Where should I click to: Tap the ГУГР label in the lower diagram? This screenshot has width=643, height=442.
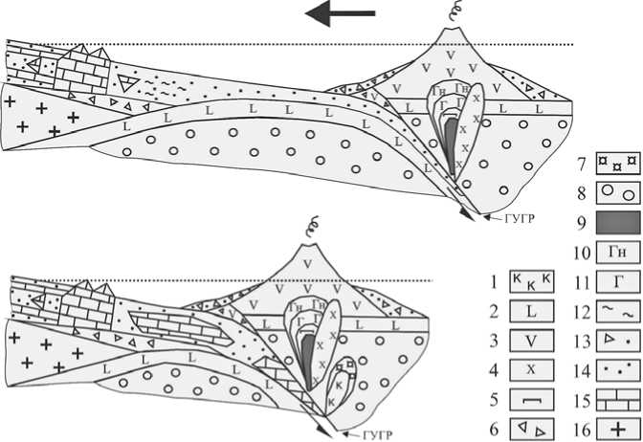point(380,433)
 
